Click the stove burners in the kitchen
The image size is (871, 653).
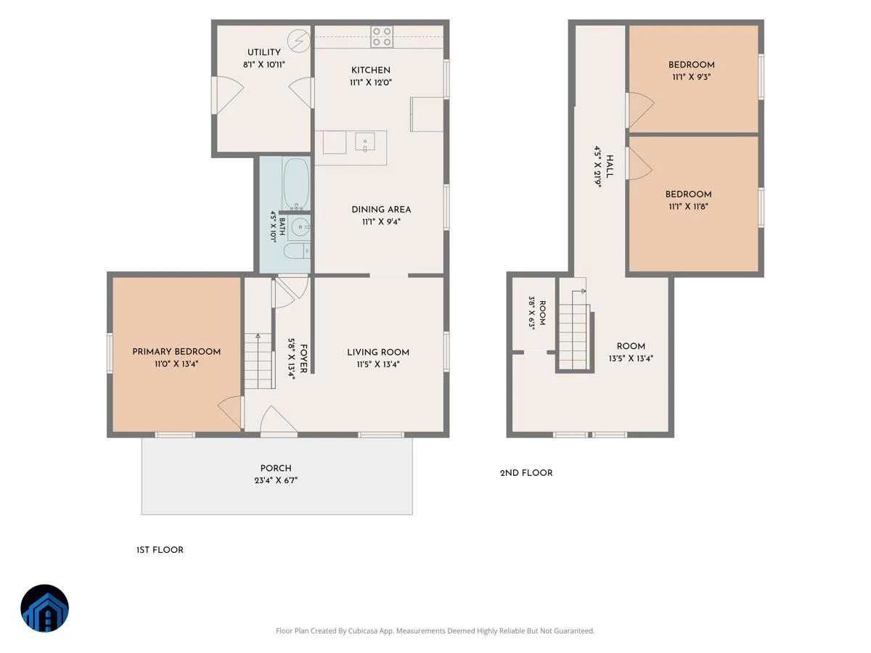382,36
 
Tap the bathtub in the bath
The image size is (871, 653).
296,184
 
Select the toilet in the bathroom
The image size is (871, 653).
297,251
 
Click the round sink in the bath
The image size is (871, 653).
299,227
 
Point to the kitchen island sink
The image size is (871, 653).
365,142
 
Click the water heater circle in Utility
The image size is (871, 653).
299,41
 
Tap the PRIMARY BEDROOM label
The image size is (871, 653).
176,352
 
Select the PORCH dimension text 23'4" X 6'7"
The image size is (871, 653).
276,480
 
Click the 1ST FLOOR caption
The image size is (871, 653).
160,550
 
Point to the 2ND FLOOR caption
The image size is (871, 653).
526,473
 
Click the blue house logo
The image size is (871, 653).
44,608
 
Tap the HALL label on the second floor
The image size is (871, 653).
610,167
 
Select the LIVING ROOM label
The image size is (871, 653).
378,353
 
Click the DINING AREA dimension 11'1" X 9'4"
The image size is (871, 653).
381,222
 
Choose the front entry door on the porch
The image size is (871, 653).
279,421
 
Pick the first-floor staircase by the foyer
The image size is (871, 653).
258,361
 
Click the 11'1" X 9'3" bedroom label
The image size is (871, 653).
691,77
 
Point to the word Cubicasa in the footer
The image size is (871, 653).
362,631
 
